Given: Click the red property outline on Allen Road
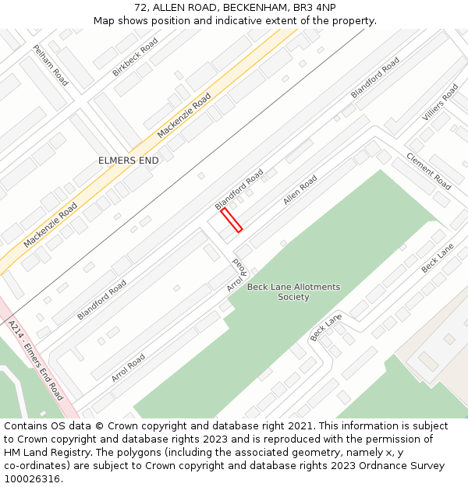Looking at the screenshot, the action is pyautogui.click(x=232, y=220).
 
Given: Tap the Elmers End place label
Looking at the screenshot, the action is pyautogui.click(x=128, y=161).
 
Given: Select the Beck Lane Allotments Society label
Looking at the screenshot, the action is pyautogui.click(x=293, y=291).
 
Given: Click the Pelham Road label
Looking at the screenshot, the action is pyautogui.click(x=51, y=65).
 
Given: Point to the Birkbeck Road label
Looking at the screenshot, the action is pyautogui.click(x=135, y=57).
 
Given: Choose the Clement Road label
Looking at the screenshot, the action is pyautogui.click(x=428, y=171).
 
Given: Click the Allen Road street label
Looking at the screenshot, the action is pyautogui.click(x=300, y=190).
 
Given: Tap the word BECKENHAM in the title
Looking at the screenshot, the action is pyautogui.click(x=242, y=8).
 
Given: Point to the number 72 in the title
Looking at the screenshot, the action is pyautogui.click(x=141, y=8).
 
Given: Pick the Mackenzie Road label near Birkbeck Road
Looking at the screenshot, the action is pyautogui.click(x=184, y=115).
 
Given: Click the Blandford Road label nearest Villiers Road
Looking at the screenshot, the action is pyautogui.click(x=375, y=77).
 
